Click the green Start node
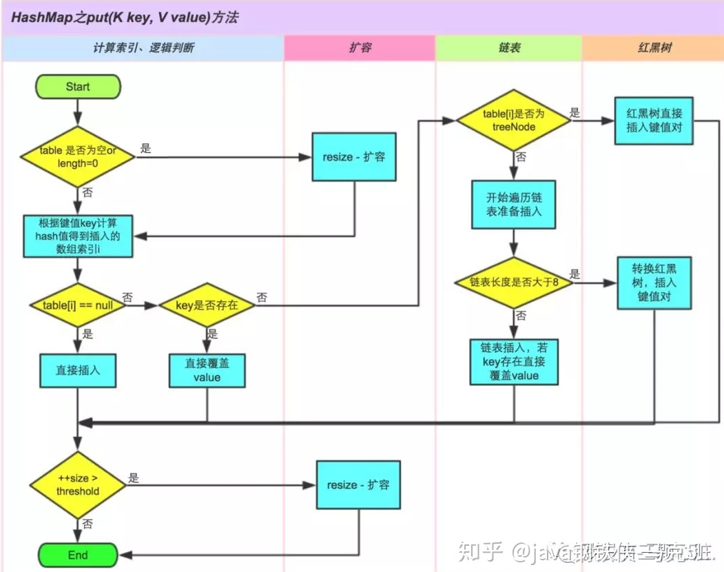(78, 87)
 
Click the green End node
(78, 555)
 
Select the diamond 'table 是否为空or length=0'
(78, 156)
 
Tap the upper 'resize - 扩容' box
(354, 157)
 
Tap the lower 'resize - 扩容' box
(358, 485)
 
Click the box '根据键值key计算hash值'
(78, 236)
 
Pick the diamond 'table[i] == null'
(78, 304)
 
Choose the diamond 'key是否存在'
(207, 304)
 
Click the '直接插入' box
(78, 370)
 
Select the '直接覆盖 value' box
(207, 371)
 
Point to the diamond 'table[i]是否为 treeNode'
(514, 121)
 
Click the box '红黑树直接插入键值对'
(654, 121)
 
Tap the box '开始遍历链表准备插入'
(514, 204)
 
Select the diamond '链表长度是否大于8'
(514, 283)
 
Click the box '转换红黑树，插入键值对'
(654, 283)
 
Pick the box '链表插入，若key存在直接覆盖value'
(514, 361)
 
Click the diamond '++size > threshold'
(78, 485)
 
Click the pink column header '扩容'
(359, 48)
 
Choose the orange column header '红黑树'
(653, 48)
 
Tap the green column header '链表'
(508, 48)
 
